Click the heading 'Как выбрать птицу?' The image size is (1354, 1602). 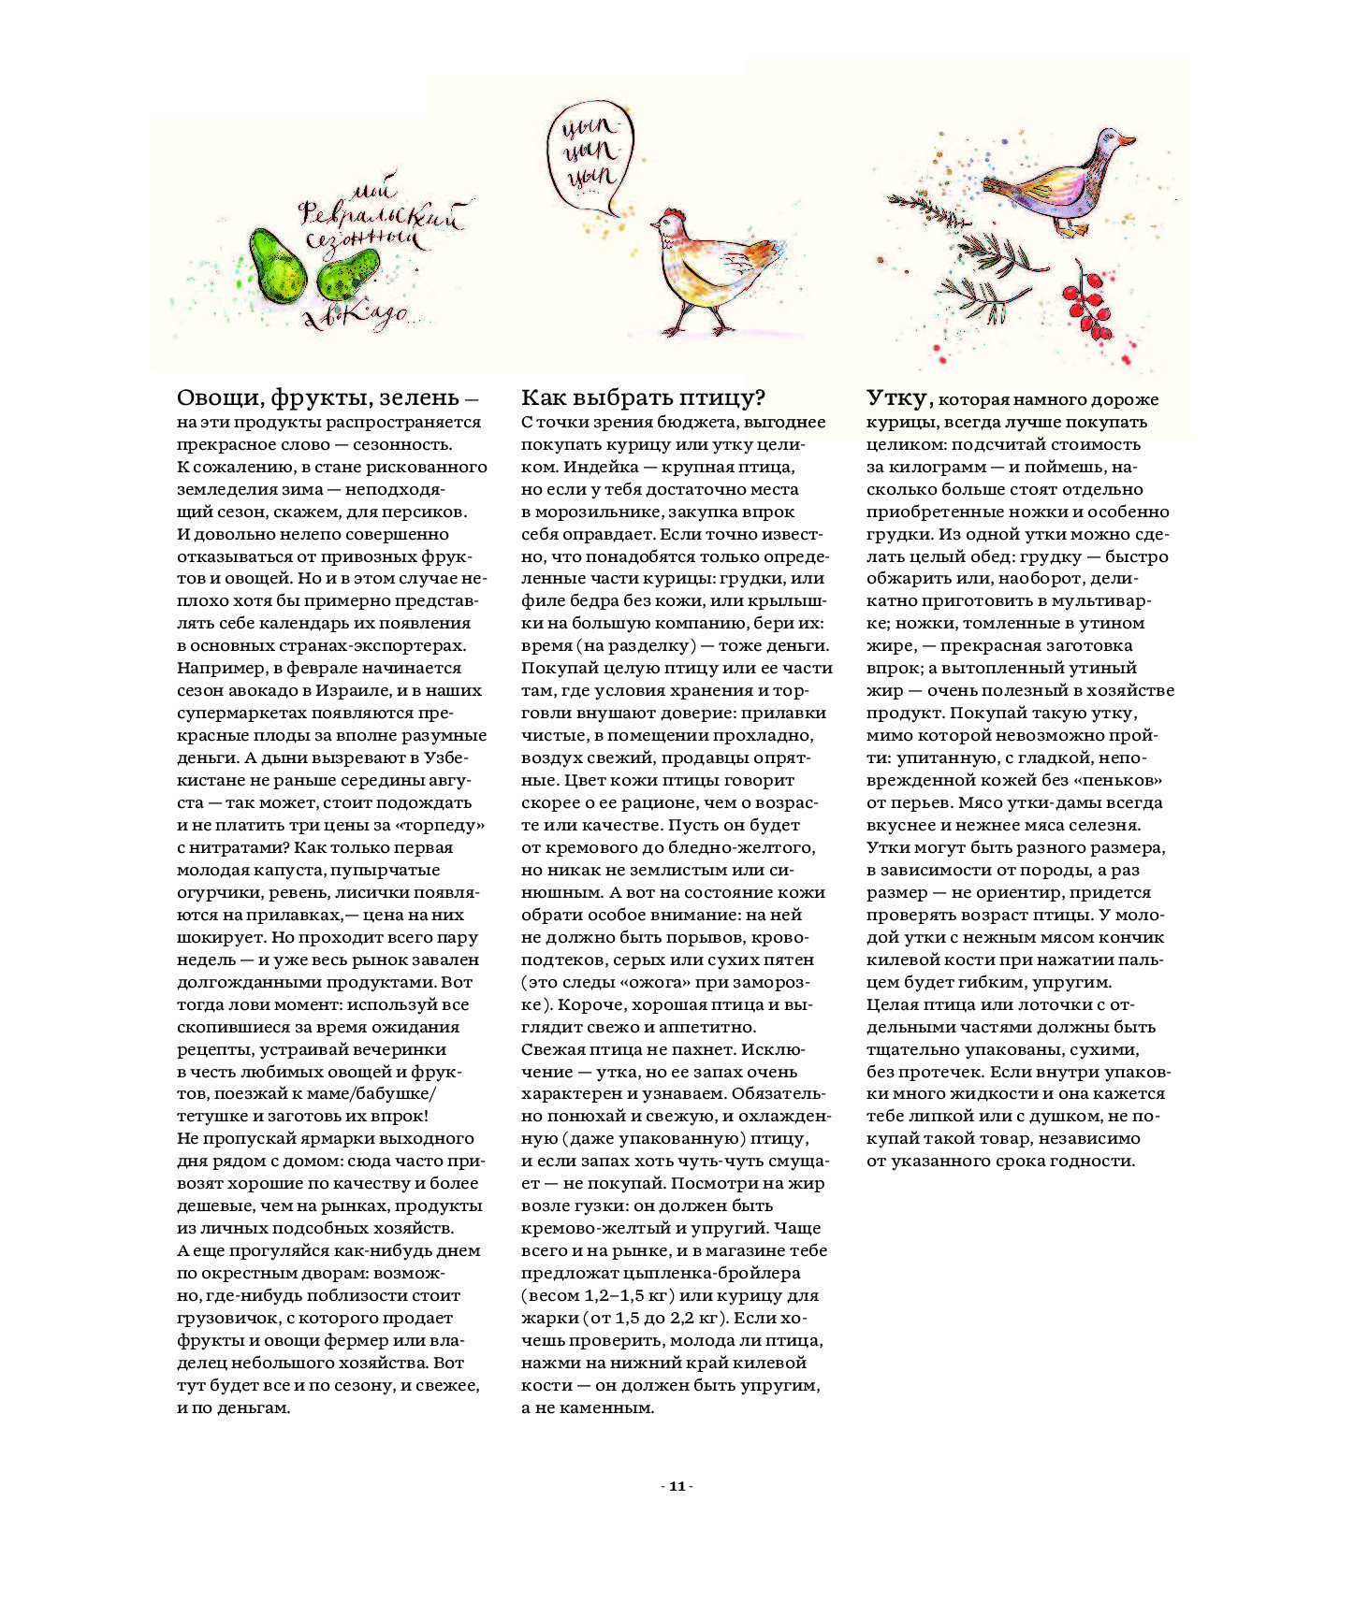[x=643, y=398]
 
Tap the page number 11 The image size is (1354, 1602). [x=677, y=1486]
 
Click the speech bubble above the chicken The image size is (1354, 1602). [x=589, y=153]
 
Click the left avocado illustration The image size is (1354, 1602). [x=277, y=266]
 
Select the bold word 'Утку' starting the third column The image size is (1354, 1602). [x=898, y=398]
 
